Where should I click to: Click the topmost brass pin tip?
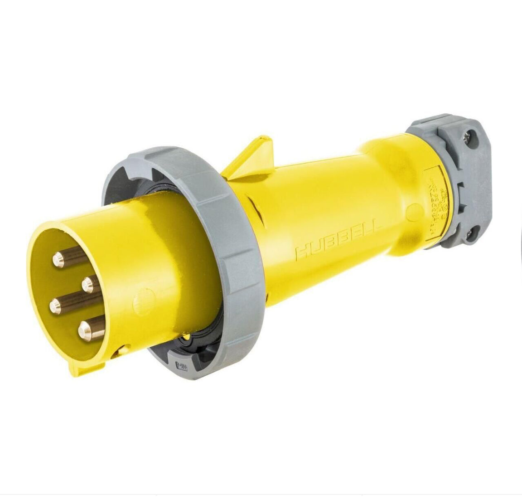tap(58, 259)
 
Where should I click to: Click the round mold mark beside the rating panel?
tap(414, 211)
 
